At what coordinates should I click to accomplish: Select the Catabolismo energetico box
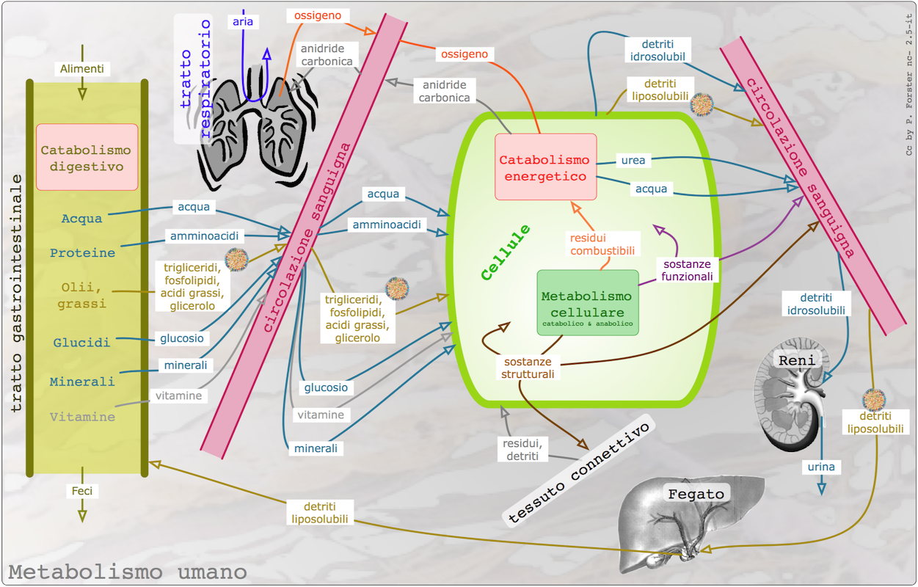[545, 167]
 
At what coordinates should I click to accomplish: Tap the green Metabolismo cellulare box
[587, 302]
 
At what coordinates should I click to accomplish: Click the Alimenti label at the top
[82, 69]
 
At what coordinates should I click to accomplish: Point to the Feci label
[81, 491]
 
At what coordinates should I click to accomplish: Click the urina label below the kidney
[821, 467]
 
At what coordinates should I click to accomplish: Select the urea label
[633, 161]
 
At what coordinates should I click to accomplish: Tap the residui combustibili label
[602, 244]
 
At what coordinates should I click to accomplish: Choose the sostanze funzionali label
[687, 270]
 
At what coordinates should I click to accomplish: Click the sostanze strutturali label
[529, 368]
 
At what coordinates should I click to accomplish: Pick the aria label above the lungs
[243, 21]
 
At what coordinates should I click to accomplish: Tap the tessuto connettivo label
[579, 472]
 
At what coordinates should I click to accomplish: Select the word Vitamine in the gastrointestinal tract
[82, 417]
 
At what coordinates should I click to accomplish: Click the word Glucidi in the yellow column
[81, 343]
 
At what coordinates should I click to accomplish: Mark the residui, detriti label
[522, 450]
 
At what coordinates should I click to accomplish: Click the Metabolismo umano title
[128, 572]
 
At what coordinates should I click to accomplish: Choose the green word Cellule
[506, 252]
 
